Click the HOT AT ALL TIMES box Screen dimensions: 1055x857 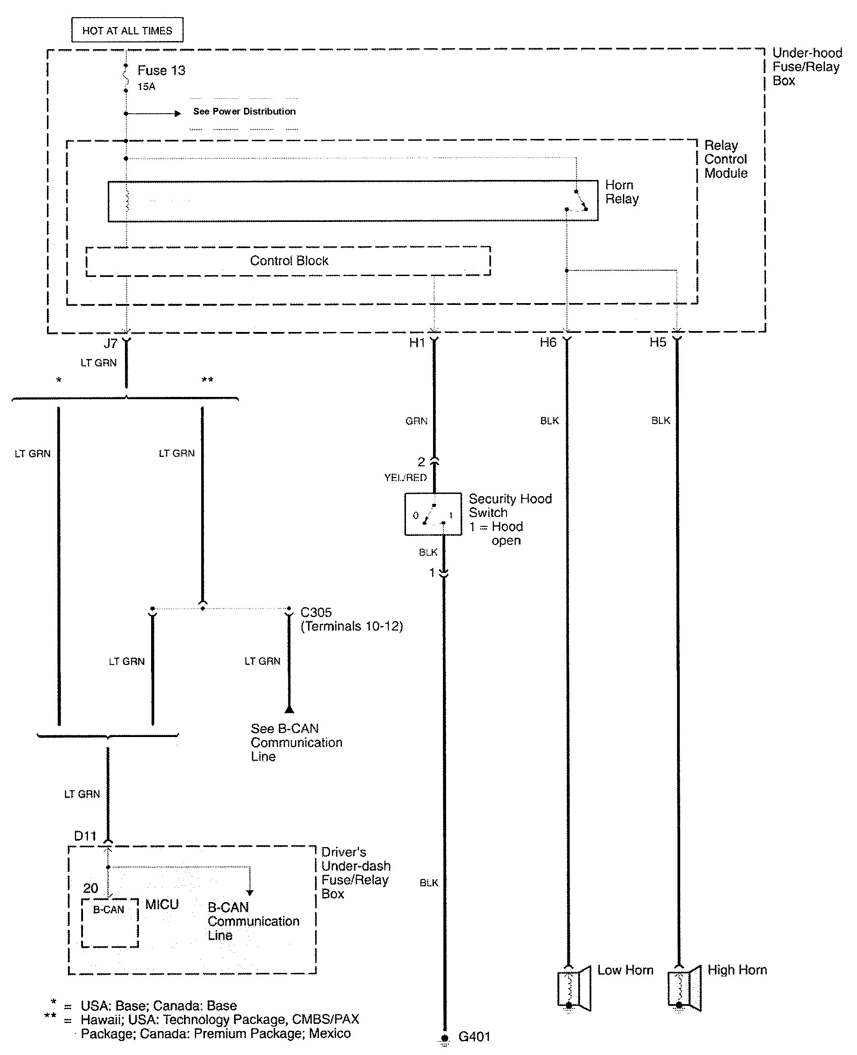click(127, 30)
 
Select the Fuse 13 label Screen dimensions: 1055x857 click(161, 71)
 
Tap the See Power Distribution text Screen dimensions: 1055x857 click(244, 111)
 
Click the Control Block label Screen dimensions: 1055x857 click(289, 261)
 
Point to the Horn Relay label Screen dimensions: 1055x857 click(622, 192)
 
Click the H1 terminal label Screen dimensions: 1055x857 click(417, 343)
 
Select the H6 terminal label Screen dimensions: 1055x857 click(548, 343)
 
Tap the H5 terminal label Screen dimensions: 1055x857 click(658, 343)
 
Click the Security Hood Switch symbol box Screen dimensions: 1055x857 click(433, 514)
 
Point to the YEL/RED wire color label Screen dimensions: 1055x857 click(405, 477)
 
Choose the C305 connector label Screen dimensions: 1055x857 click(316, 613)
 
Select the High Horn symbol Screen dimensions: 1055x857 click(684, 988)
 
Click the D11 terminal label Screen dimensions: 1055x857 click(85, 836)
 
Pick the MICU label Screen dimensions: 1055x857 click(161, 904)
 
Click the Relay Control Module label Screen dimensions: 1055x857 click(725, 160)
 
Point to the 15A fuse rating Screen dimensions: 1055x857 click(146, 87)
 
